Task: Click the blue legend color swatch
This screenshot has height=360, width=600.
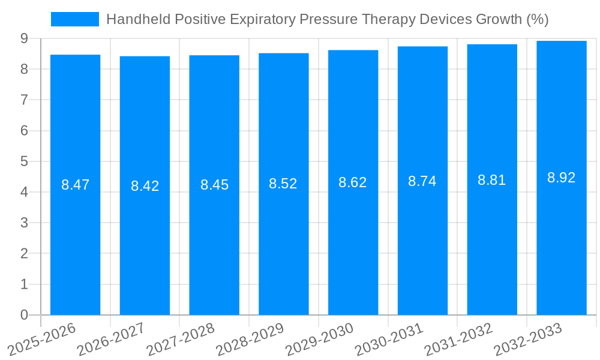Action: click(x=75, y=19)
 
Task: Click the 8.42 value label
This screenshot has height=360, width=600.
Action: click(x=145, y=186)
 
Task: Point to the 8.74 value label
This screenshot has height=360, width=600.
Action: click(x=422, y=181)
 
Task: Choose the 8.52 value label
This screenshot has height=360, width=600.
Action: click(x=283, y=184)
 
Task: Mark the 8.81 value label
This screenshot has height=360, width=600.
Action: click(x=492, y=180)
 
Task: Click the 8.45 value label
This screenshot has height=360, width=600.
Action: click(x=214, y=185)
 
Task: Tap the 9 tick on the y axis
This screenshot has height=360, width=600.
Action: click(x=24, y=38)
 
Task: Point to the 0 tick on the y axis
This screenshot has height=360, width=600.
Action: click(x=24, y=315)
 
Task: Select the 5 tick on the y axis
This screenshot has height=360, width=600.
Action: click(x=24, y=161)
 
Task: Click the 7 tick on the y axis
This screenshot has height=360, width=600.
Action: click(x=24, y=100)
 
